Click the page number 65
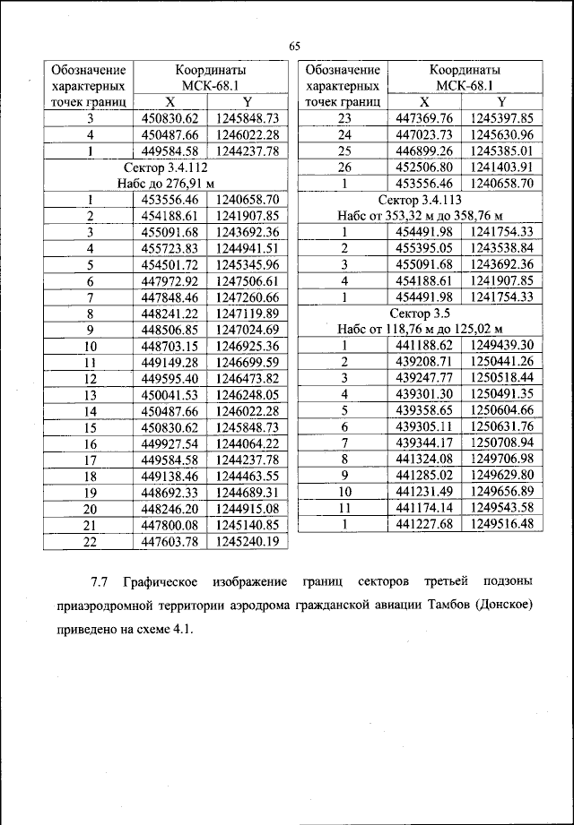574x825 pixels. (x=293, y=47)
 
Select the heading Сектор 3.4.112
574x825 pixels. (x=168, y=167)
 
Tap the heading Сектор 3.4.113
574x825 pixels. (x=422, y=199)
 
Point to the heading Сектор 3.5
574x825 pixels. (x=422, y=313)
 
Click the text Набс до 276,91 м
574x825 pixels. (x=168, y=183)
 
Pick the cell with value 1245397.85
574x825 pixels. (x=502, y=118)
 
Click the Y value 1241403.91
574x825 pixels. (x=502, y=167)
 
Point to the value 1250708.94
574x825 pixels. (x=502, y=443)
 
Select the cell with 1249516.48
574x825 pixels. (x=502, y=524)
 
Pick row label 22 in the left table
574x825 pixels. (x=90, y=541)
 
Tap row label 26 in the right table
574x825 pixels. (x=343, y=167)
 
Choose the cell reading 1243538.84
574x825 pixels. (x=502, y=248)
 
